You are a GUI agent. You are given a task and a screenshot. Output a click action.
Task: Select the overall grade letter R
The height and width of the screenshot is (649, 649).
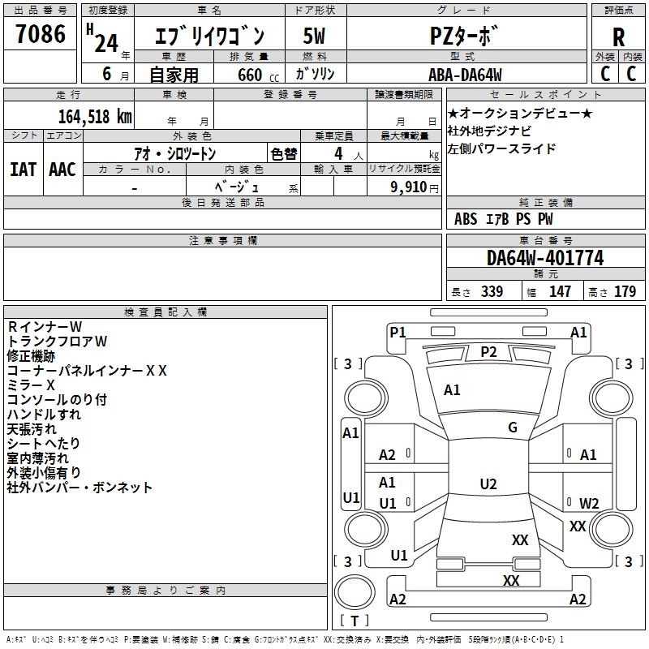[618, 37]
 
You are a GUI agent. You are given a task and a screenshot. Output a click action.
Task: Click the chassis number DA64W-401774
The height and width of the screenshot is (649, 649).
[545, 258]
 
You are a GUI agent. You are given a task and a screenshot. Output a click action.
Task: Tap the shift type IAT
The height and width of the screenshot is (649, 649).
[23, 170]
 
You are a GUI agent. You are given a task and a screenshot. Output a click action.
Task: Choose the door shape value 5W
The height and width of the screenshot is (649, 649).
[315, 37]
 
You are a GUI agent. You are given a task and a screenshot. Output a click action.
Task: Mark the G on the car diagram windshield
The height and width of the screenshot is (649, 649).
[513, 428]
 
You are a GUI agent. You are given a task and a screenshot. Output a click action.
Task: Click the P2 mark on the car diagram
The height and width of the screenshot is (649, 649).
[488, 351]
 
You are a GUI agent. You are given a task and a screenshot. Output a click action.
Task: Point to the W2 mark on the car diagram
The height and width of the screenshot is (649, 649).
[589, 503]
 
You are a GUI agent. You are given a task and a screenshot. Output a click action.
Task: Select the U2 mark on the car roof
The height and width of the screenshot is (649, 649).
[488, 484]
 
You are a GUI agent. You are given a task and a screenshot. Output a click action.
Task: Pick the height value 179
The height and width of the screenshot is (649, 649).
[625, 292]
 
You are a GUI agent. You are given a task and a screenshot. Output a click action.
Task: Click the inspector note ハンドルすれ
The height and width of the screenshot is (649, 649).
[44, 415]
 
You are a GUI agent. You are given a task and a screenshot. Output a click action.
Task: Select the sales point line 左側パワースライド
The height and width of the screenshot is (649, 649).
[502, 149]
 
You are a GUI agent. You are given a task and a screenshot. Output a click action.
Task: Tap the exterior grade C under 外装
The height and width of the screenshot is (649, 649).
[605, 74]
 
